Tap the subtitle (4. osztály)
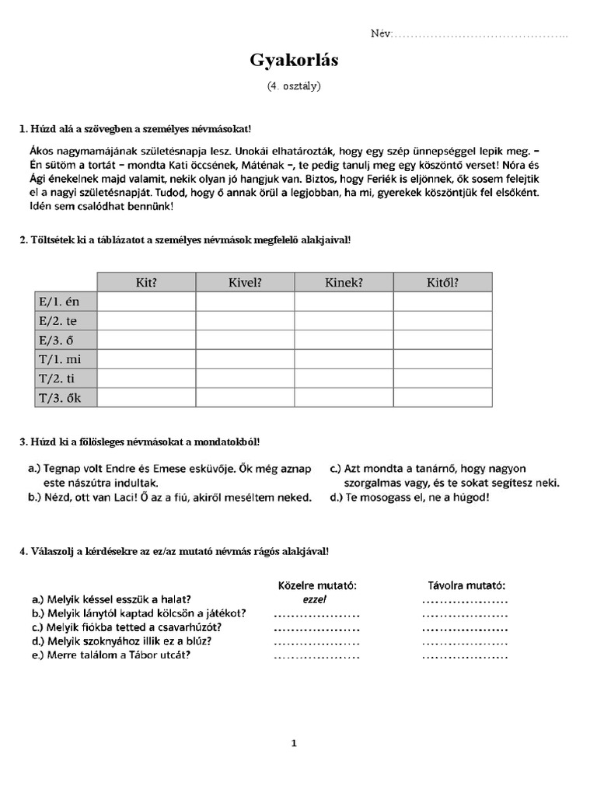(x=294, y=86)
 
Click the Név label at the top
(x=382, y=34)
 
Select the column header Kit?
(x=146, y=282)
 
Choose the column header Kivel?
(x=245, y=282)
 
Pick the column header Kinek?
(x=344, y=282)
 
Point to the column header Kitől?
(x=442, y=282)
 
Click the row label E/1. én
(x=58, y=301)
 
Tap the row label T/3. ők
(x=58, y=397)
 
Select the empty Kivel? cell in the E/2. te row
(x=245, y=320)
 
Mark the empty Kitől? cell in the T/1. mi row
(x=442, y=358)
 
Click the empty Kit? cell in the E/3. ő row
(x=146, y=340)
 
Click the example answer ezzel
(x=315, y=599)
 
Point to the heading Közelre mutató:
(x=317, y=585)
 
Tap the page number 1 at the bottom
(x=294, y=743)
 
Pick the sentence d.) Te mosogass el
(x=410, y=497)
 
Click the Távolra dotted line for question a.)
(x=465, y=600)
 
